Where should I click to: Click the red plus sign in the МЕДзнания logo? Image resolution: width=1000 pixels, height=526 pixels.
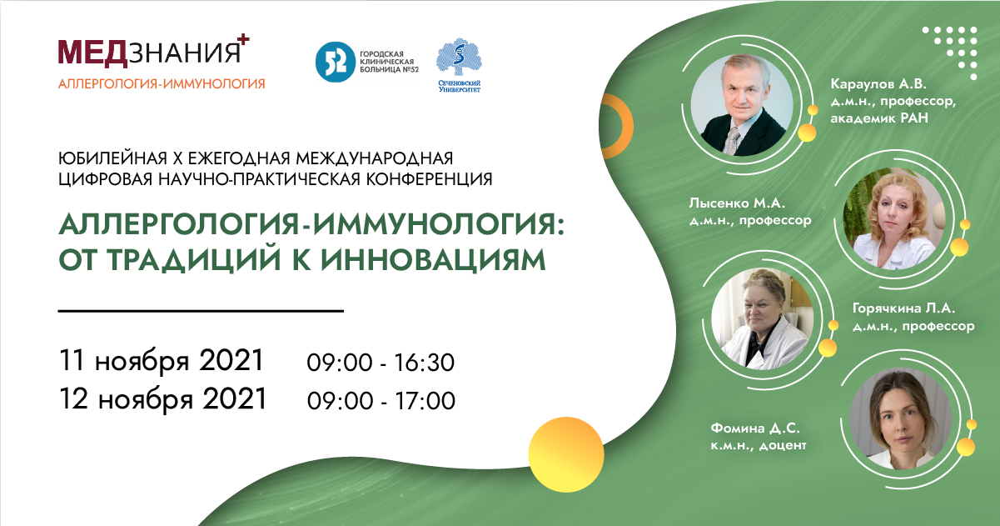click(242, 40)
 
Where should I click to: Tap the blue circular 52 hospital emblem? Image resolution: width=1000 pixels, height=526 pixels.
click(336, 63)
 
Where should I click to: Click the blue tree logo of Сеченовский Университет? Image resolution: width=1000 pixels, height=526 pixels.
click(459, 58)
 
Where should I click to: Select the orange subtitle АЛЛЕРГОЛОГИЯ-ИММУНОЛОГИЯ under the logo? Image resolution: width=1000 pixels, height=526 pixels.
click(162, 83)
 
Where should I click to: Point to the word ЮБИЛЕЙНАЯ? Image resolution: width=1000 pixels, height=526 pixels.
click(112, 158)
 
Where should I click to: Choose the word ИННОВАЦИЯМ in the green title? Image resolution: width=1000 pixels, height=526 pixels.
click(433, 260)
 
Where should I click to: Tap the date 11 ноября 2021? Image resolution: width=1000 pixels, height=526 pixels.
click(162, 361)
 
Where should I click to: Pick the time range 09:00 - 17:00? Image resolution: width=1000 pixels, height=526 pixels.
click(381, 400)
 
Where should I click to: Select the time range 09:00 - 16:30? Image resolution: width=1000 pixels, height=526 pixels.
click(381, 363)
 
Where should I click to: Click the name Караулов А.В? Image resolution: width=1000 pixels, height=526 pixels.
click(878, 84)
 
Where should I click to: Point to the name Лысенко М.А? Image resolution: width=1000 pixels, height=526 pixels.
click(737, 203)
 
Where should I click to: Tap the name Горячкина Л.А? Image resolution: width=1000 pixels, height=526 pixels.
click(903, 308)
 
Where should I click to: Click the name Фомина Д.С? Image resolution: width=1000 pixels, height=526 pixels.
click(755, 428)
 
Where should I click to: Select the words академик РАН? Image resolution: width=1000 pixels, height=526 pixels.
click(879, 118)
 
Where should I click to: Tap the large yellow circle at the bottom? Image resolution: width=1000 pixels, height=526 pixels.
click(566, 454)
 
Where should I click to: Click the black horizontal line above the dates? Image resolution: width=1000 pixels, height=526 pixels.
click(201, 310)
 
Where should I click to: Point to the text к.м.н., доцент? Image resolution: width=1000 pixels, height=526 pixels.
click(759, 446)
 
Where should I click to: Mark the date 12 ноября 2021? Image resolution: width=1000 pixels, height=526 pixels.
click(163, 399)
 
